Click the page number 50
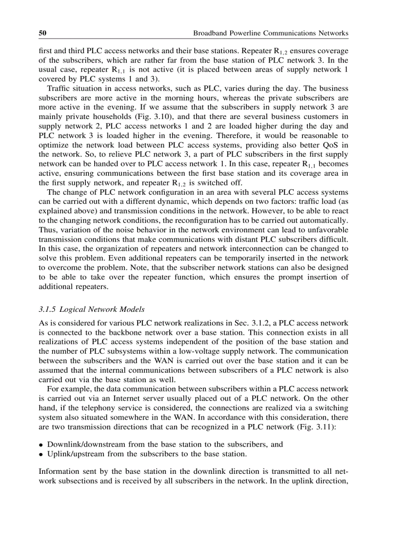tap(42, 34)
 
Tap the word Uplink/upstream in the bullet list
tap(73, 454)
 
